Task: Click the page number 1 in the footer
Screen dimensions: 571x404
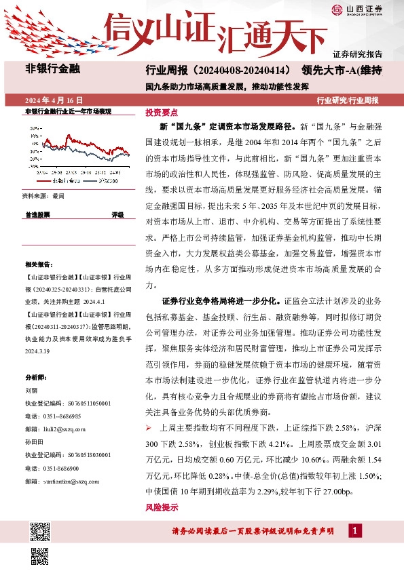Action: (x=354, y=530)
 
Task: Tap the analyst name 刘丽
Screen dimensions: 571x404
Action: (x=31, y=390)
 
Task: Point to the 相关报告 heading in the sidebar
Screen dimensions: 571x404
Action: (x=37, y=265)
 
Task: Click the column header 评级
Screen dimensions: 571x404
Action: (x=117, y=214)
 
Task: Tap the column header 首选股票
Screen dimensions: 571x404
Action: (x=37, y=214)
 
